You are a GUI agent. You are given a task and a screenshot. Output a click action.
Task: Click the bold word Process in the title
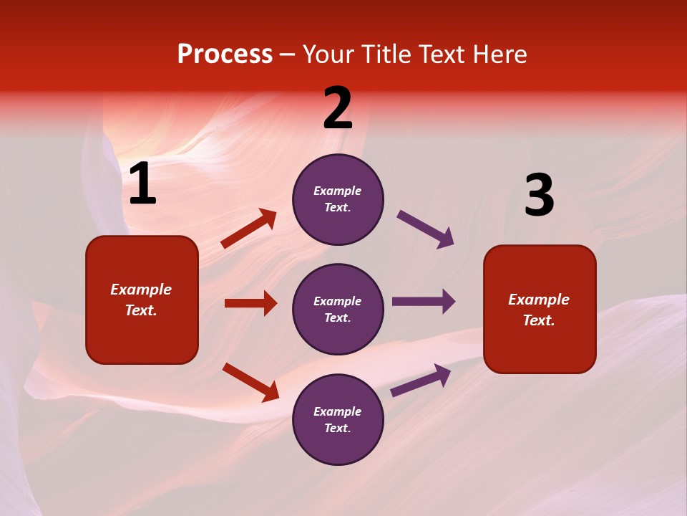(225, 54)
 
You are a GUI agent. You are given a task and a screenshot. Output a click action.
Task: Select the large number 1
(142, 185)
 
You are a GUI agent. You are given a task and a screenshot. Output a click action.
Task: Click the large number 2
(338, 109)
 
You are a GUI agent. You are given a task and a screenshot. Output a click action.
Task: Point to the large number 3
(539, 196)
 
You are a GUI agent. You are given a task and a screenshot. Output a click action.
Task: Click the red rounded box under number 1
(142, 300)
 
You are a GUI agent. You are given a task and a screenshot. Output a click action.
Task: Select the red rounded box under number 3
(540, 310)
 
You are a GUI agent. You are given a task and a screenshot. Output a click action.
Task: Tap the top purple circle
(338, 199)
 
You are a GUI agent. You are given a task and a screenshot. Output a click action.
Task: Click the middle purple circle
(338, 310)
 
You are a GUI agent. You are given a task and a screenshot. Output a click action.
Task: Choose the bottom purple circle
(338, 420)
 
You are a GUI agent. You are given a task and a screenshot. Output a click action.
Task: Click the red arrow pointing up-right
(249, 229)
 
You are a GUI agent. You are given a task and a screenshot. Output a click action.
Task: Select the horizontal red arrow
(250, 303)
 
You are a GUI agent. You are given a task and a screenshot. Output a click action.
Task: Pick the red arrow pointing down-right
(250, 382)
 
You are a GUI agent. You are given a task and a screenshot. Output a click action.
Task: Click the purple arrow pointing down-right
(425, 229)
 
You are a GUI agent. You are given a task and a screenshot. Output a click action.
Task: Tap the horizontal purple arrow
(424, 301)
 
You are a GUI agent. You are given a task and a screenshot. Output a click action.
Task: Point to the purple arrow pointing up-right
(421, 381)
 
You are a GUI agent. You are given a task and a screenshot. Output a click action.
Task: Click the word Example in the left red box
(141, 290)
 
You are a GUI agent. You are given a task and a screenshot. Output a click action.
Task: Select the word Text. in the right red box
(539, 320)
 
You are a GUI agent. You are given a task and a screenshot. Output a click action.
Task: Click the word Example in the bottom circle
(338, 411)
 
